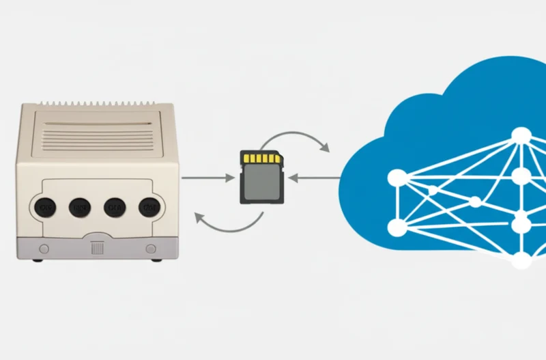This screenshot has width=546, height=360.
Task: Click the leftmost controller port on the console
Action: coord(46,206)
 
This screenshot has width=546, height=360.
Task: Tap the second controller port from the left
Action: coord(80,206)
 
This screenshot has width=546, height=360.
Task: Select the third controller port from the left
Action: coord(114,206)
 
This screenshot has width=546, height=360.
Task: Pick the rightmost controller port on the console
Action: coord(148,206)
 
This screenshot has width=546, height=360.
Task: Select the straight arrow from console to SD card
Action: coord(208,178)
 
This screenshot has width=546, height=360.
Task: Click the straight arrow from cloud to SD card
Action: coord(314,178)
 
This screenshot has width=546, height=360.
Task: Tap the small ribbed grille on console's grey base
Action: coord(97,249)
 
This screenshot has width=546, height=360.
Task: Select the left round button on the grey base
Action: coord(45,249)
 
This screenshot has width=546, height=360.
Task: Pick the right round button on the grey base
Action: coord(149,249)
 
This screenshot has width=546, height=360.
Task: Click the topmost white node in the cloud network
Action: coord(521,135)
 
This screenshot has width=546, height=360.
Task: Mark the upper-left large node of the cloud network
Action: coord(397,178)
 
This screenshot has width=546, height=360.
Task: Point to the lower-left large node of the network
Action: coord(397,227)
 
